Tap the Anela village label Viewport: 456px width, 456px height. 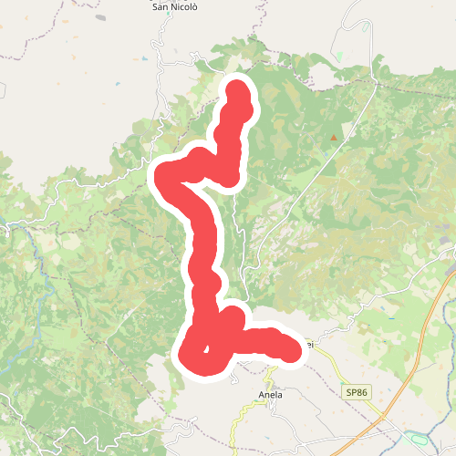tap(271, 395)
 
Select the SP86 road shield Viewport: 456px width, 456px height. tap(356, 391)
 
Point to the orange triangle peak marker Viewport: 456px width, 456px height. tap(334, 139)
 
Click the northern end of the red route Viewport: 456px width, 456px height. tap(237, 88)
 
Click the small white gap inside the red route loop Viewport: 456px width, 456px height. tap(208, 349)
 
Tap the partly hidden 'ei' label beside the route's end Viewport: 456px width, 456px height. tap(310, 345)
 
